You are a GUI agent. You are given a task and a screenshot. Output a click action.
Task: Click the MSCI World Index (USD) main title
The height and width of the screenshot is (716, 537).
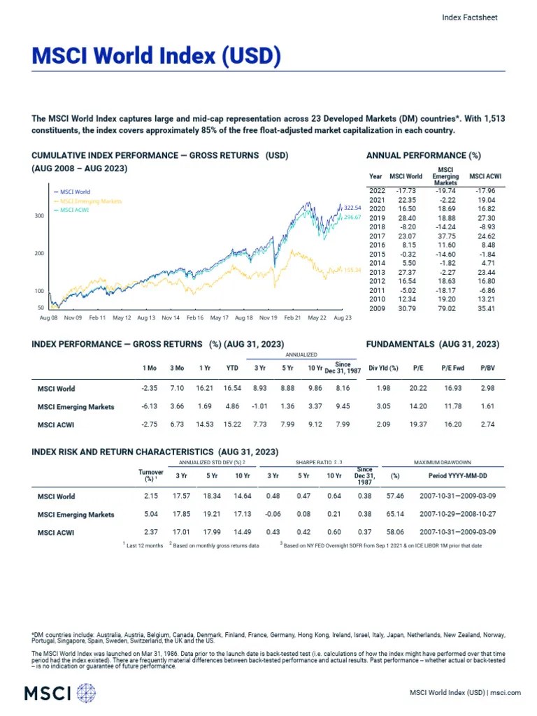[x=156, y=56]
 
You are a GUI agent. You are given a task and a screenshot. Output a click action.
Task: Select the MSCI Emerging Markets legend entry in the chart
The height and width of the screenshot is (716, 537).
[x=91, y=201]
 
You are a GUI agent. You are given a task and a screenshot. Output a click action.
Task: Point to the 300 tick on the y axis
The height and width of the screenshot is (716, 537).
[x=40, y=216]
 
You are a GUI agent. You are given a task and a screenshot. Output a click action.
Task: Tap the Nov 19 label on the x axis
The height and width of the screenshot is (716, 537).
[x=268, y=317]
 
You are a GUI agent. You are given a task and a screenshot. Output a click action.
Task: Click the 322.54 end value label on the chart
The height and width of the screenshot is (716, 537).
[x=353, y=208]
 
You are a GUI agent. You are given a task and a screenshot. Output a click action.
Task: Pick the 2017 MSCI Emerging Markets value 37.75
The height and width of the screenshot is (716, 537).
[x=445, y=236]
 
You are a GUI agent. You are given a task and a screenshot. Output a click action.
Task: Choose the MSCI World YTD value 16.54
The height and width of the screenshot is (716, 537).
[x=231, y=389]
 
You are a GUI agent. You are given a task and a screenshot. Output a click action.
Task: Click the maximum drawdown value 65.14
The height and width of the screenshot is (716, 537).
[x=396, y=515]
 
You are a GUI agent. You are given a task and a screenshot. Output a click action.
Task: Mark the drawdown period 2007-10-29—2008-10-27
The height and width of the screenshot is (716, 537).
[x=457, y=515]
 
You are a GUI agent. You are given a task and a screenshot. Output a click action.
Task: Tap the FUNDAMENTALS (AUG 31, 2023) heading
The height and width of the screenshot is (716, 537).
[x=433, y=344]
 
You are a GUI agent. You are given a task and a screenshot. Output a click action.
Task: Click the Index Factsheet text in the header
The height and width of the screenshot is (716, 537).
[x=470, y=18]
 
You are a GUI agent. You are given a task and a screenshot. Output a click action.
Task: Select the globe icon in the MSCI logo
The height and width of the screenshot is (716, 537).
[x=86, y=694]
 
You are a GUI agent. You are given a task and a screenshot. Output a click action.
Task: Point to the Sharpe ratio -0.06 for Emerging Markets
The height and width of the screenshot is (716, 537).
[x=273, y=515]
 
